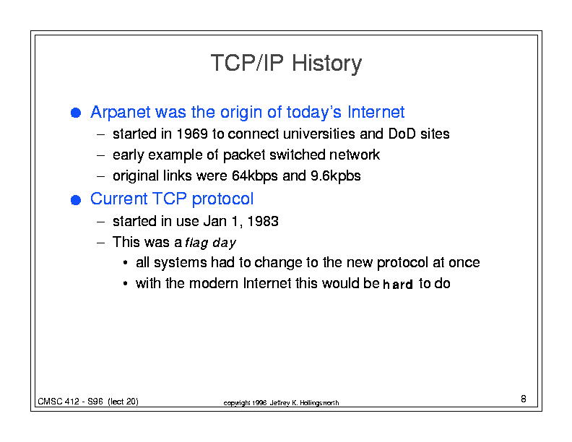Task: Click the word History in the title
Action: (x=326, y=64)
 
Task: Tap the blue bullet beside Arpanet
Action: (x=76, y=113)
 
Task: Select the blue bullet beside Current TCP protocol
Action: (x=76, y=200)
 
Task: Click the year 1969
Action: (x=192, y=134)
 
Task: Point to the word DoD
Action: (x=402, y=134)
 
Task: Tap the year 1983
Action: (x=263, y=222)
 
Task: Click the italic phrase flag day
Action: (x=210, y=243)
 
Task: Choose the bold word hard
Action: (x=398, y=284)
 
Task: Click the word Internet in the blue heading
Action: (x=376, y=112)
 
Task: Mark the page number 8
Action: (x=524, y=399)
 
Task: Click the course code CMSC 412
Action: (x=58, y=402)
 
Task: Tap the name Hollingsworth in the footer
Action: (x=319, y=403)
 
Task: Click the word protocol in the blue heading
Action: (x=222, y=199)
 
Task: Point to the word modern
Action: (x=213, y=283)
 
